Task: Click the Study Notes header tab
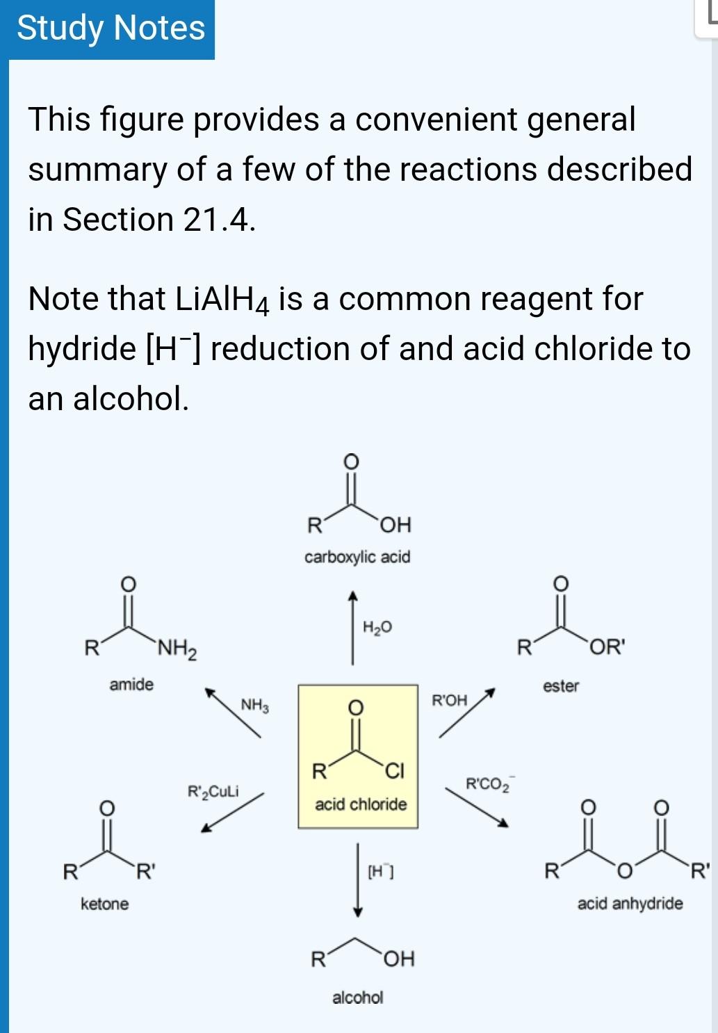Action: (x=111, y=29)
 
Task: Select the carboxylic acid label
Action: (x=357, y=557)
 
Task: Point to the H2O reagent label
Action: (x=377, y=628)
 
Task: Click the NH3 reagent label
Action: (x=254, y=706)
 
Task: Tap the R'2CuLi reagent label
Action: (x=213, y=791)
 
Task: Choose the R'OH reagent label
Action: (x=450, y=700)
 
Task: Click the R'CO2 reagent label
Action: (x=488, y=784)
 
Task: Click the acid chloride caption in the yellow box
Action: (x=361, y=804)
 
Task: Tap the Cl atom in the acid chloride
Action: (x=394, y=771)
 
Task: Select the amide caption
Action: (x=131, y=685)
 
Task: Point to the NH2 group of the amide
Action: (x=177, y=650)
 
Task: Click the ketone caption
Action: (x=104, y=904)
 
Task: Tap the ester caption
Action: (x=561, y=686)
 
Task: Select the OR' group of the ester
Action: (x=607, y=647)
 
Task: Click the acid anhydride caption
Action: (x=630, y=904)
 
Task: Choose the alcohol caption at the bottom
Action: (x=357, y=998)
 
